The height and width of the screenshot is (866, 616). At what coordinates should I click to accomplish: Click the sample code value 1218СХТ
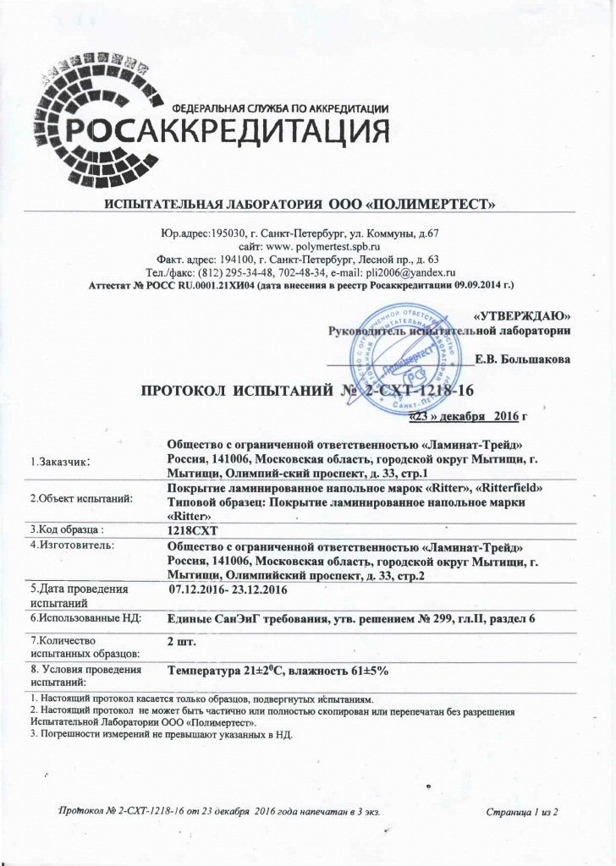(x=194, y=529)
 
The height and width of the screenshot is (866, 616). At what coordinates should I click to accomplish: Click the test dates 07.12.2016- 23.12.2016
(x=228, y=588)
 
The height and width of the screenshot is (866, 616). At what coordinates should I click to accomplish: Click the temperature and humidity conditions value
(x=278, y=671)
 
